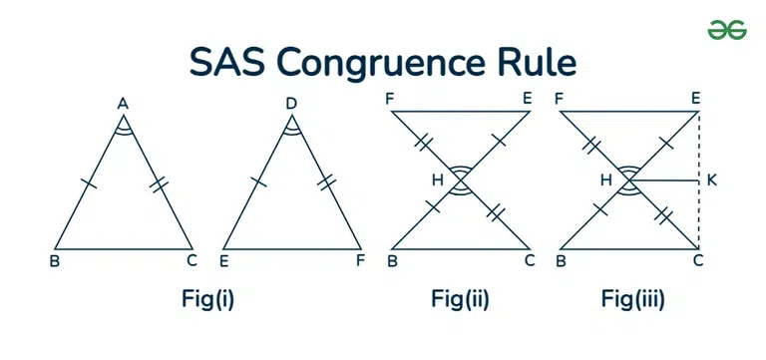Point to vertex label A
pyautogui.click(x=123, y=103)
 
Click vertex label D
pyautogui.click(x=291, y=103)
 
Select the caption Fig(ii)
pyautogui.click(x=460, y=297)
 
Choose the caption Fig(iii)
pyautogui.click(x=632, y=297)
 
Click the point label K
pyautogui.click(x=710, y=180)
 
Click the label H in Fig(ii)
pyautogui.click(x=437, y=180)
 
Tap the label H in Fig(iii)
pyautogui.click(x=605, y=180)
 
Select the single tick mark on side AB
pyautogui.click(x=88, y=184)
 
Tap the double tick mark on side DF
pyautogui.click(x=327, y=182)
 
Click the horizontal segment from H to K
pyautogui.click(x=663, y=180)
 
